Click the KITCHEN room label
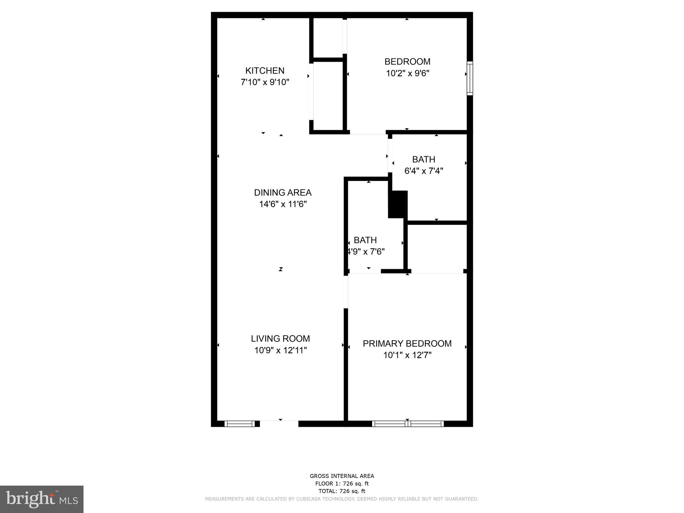click(x=265, y=71)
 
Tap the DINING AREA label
click(x=283, y=193)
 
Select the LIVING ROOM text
click(x=280, y=339)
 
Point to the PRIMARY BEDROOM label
click(x=407, y=344)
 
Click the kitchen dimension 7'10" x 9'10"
click(x=265, y=82)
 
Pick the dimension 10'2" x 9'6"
click(x=407, y=73)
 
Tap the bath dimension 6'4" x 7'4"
click(x=423, y=171)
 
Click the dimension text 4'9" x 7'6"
click(x=366, y=252)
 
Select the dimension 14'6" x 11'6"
click(x=283, y=204)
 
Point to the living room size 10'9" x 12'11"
click(x=280, y=350)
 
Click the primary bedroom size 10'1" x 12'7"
click(x=407, y=355)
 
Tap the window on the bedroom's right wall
click(x=470, y=78)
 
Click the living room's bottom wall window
click(x=239, y=424)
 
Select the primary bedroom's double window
click(x=408, y=424)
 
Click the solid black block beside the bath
click(x=398, y=204)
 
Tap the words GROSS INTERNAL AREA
click(x=342, y=476)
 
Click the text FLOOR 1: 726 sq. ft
click(x=342, y=484)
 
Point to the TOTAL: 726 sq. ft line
click(x=342, y=491)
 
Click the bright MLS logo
click(x=41, y=499)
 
